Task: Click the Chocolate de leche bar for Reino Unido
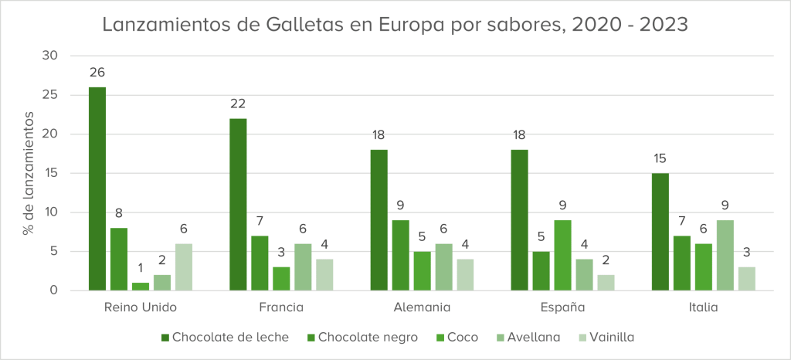[97, 189]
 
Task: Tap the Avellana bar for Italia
[725, 256]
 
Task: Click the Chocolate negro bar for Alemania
[400, 256]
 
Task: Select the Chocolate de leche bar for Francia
[238, 205]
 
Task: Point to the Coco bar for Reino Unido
[141, 287]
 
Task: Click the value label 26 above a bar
[97, 73]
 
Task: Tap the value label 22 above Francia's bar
[238, 104]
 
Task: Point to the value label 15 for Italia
[660, 158]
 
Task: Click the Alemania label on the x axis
[422, 307]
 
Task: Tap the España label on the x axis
[562, 307]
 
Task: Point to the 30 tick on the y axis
[50, 56]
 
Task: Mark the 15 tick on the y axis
[51, 173]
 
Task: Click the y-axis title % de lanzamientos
[29, 173]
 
